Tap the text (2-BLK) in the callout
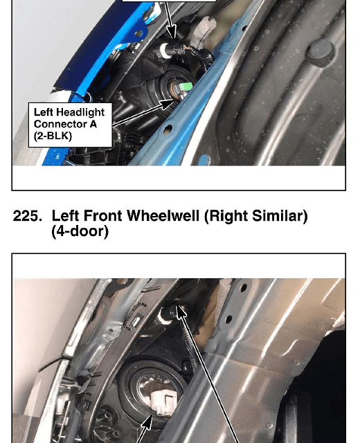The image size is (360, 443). coord(53,136)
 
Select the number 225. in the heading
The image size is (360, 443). coord(28,216)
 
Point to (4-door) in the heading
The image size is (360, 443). coord(80,231)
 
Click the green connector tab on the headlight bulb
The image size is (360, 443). coord(186,86)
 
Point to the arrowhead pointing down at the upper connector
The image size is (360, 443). coord(172,32)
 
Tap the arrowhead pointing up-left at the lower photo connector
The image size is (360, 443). coord(181,311)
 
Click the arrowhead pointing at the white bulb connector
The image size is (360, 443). coord(147,424)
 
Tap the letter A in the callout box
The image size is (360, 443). coord(93,124)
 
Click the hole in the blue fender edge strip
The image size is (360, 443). coord(168,129)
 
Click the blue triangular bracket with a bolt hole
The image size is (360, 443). coord(136,34)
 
